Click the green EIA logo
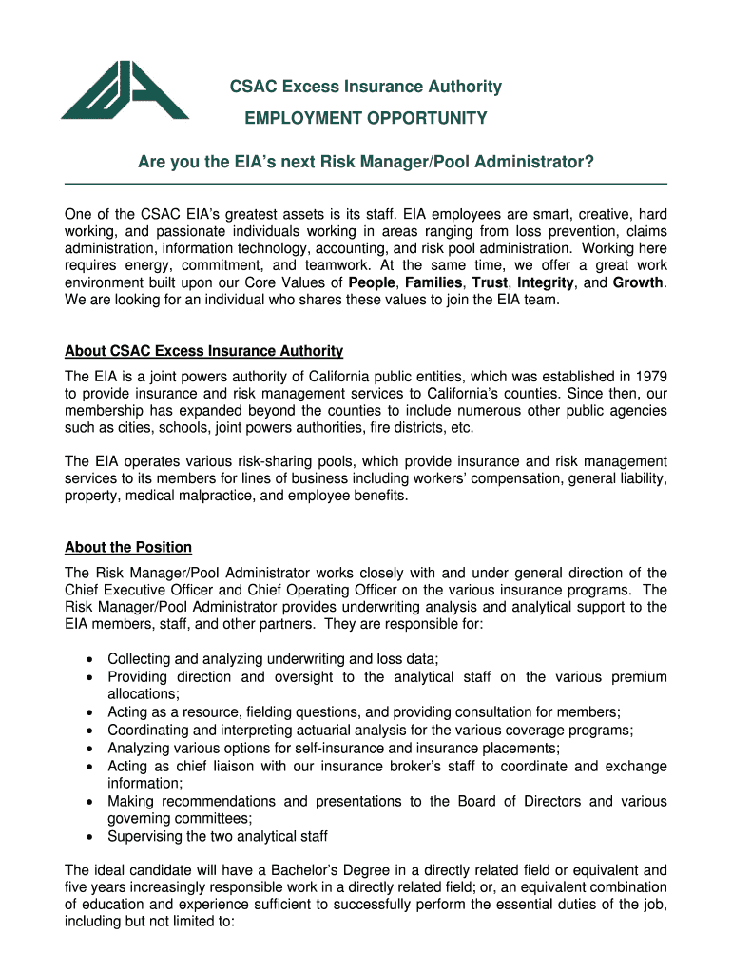[x=125, y=90]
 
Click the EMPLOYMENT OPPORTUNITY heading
[x=365, y=118]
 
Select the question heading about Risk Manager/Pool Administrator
[x=365, y=163]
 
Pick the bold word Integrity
[x=545, y=283]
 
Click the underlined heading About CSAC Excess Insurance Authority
[x=203, y=351]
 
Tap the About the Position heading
[x=128, y=547]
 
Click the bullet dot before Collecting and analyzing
[x=88, y=659]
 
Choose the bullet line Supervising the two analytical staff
[x=218, y=836]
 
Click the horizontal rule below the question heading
[x=365, y=184]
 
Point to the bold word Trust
[x=490, y=283]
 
